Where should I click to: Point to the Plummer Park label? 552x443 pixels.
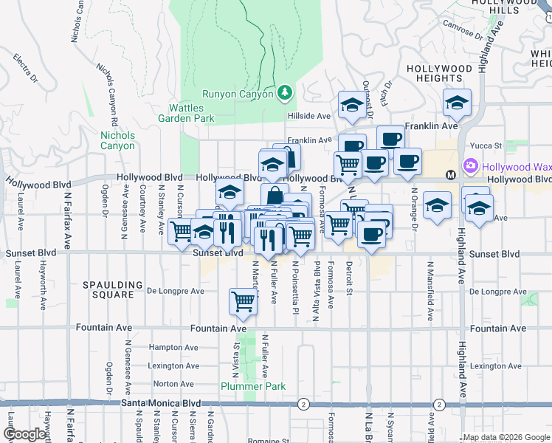click(243, 386)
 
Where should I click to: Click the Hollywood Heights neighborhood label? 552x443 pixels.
click(439, 73)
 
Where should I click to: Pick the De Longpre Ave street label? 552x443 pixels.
click(176, 291)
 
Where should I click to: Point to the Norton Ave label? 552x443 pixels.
click(173, 384)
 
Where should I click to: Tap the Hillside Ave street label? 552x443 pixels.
click(308, 117)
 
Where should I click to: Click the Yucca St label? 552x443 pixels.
click(487, 146)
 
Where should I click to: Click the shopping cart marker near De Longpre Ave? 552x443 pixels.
click(243, 301)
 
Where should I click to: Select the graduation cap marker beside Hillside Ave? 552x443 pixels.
click(353, 106)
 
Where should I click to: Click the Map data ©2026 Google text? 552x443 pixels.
click(506, 437)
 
